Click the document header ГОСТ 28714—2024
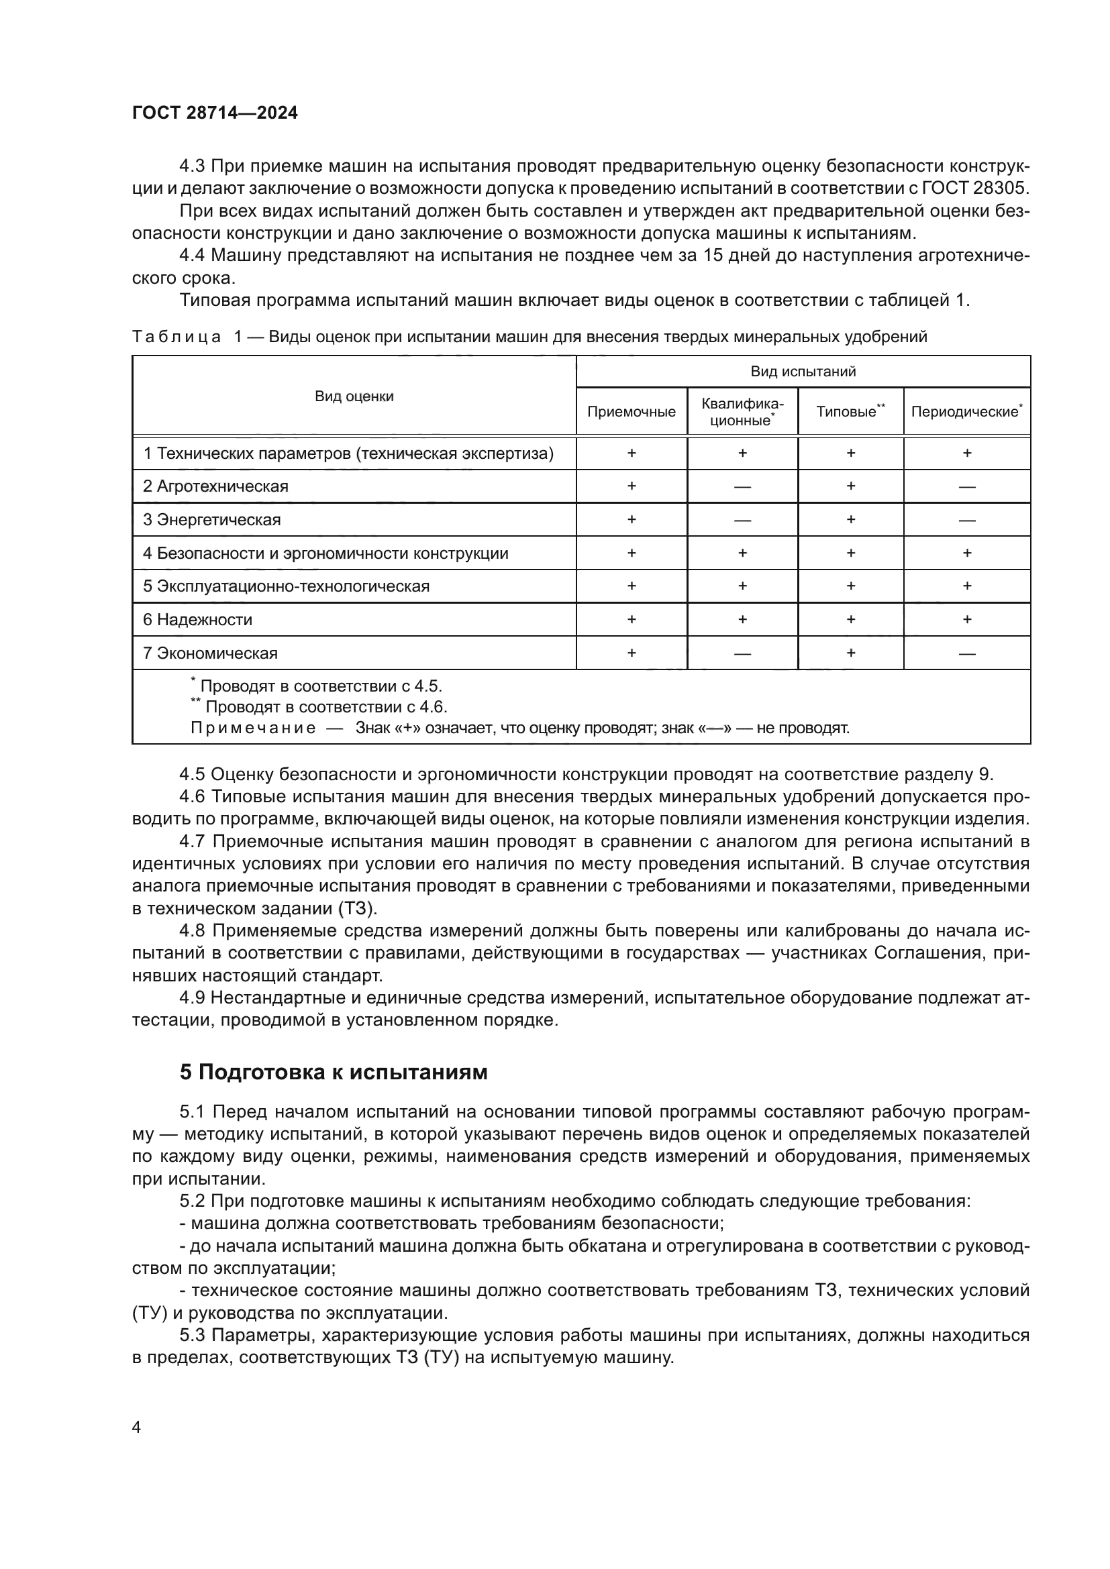coord(215,113)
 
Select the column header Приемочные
coord(631,411)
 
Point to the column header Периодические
coord(964,412)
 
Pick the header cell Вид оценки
coord(354,396)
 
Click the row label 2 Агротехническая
coord(215,486)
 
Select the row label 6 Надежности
coord(197,620)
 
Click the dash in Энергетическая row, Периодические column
coord(966,521)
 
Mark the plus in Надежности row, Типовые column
coord(850,620)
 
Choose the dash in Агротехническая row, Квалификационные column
coord(742,487)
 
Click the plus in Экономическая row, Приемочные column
coord(631,653)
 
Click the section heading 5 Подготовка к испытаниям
coord(334,1072)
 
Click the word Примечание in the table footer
coord(253,728)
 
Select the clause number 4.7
coord(194,841)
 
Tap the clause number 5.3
coord(194,1336)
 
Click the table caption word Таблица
coord(176,337)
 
